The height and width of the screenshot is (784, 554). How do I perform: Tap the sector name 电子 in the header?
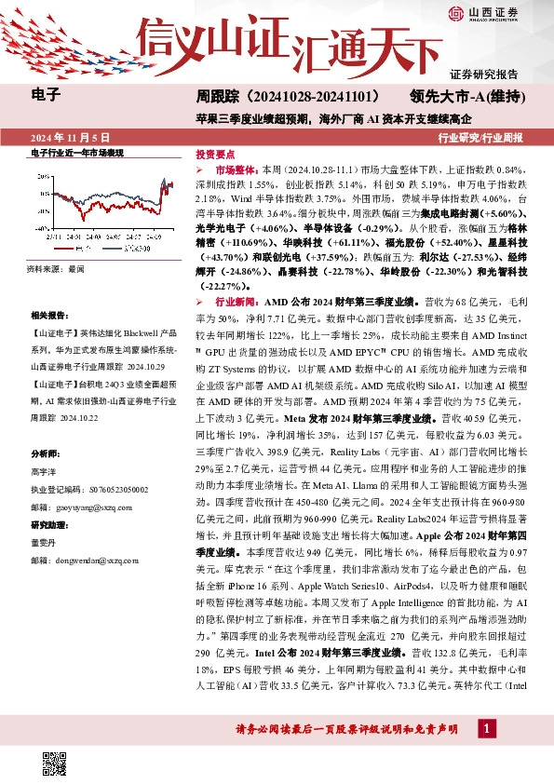click(46, 94)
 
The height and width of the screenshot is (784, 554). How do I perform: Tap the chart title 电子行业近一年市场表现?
click(78, 152)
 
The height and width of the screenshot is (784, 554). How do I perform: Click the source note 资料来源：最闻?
click(56, 268)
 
